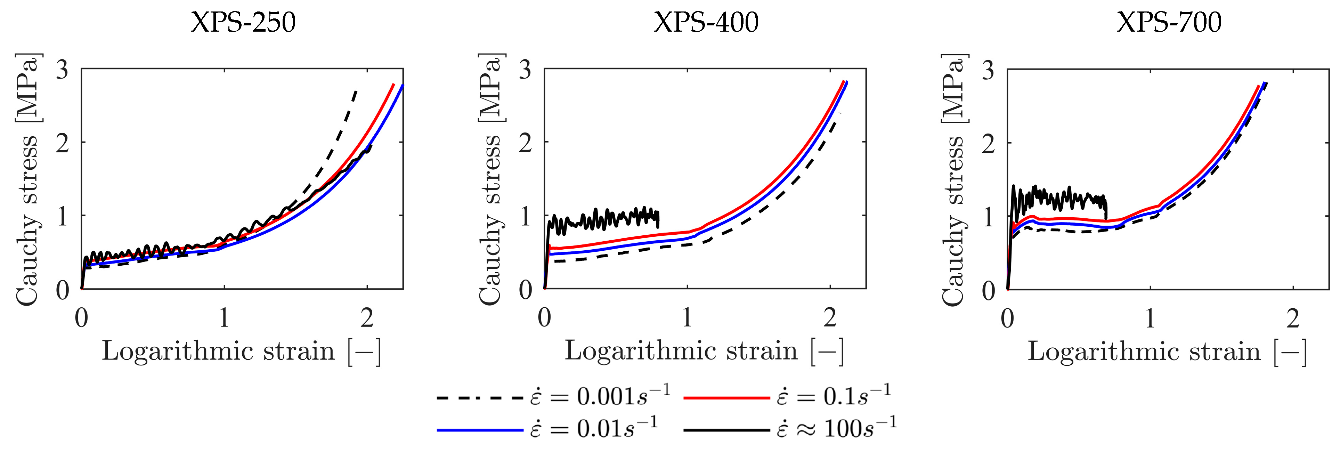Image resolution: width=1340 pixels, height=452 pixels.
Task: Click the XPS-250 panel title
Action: [243, 22]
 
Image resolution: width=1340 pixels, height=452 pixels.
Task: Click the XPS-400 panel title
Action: [706, 22]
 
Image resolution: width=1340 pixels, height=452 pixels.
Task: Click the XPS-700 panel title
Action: [1169, 22]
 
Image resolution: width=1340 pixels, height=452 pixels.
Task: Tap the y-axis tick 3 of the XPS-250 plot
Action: [63, 70]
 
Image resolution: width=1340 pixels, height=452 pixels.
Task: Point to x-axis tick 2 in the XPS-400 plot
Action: [830, 318]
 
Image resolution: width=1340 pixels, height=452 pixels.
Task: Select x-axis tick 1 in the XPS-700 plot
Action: [1150, 318]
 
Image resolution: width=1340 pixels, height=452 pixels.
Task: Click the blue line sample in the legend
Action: [480, 430]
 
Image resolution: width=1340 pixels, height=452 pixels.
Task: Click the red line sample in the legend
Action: [726, 398]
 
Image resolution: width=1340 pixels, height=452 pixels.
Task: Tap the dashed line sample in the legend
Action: [480, 398]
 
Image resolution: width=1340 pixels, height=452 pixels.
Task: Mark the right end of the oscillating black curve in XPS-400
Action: [659, 227]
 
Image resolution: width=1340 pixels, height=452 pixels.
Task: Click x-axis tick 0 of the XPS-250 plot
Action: [82, 318]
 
